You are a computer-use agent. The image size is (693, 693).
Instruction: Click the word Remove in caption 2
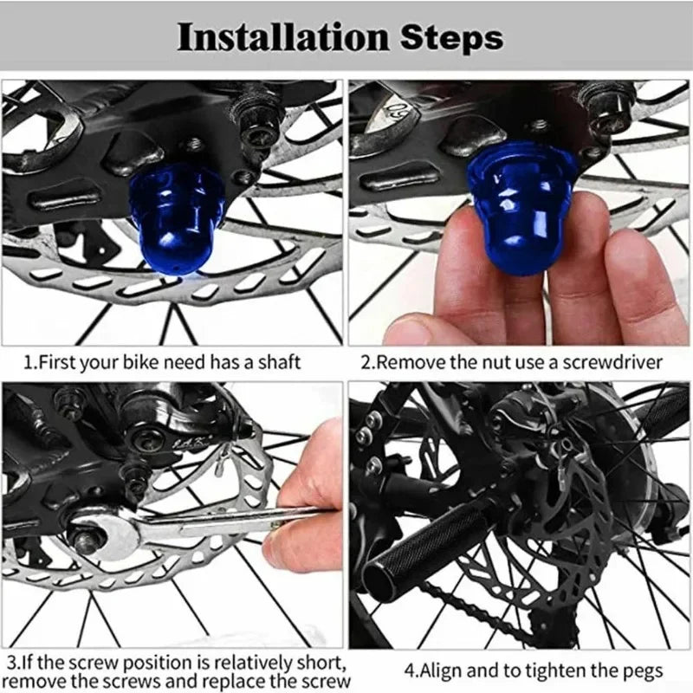[x=403, y=361]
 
